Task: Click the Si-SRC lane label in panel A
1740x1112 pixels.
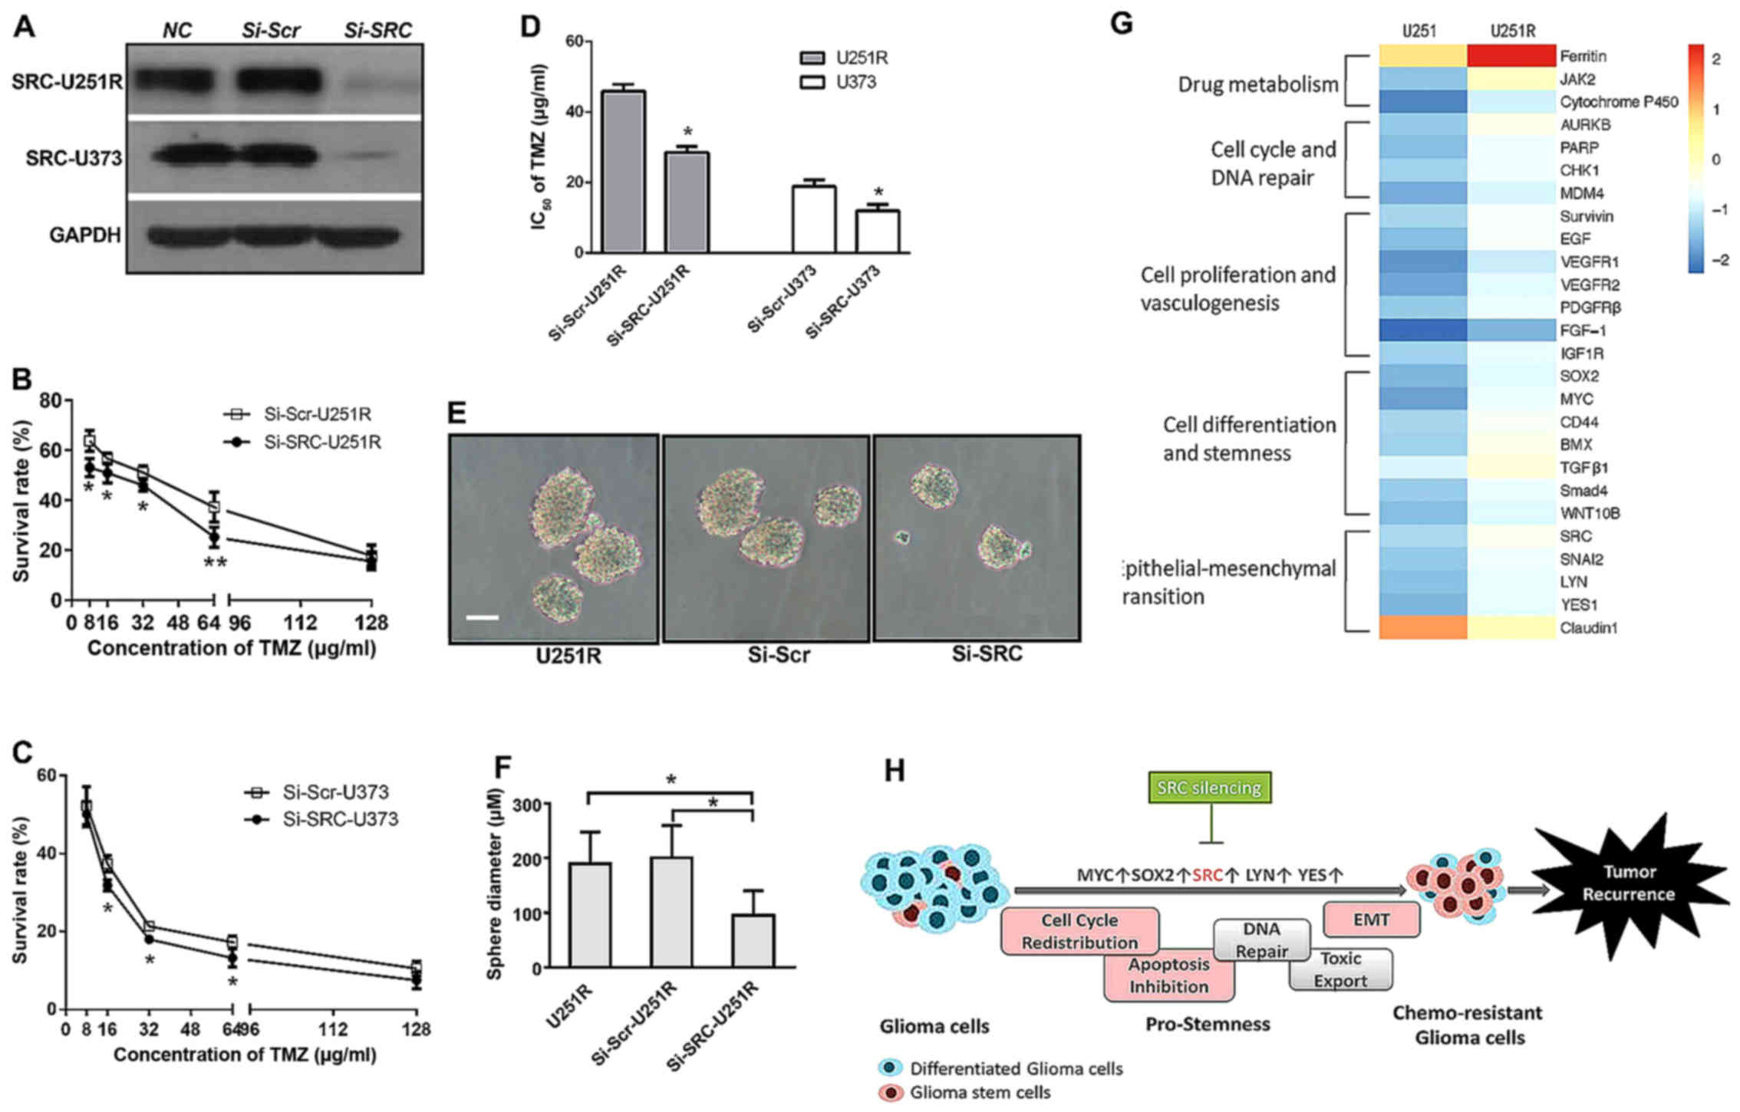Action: (377, 30)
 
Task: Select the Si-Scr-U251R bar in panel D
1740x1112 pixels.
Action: (624, 171)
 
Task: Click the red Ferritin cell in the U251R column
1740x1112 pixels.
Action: (1511, 56)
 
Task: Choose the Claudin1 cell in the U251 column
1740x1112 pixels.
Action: (1422, 627)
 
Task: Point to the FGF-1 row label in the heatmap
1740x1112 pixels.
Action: (1582, 331)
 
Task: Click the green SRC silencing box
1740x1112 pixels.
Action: (1209, 788)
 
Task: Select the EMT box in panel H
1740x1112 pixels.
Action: (1371, 919)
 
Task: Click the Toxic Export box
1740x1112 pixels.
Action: (1340, 969)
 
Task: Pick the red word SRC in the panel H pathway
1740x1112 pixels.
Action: (1208, 874)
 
